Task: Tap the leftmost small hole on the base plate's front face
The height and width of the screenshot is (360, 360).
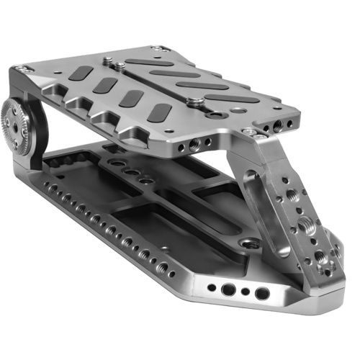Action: coord(211,288)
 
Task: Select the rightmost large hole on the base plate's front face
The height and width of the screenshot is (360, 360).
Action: coord(262,293)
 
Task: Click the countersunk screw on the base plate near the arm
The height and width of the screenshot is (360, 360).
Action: coord(249,243)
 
